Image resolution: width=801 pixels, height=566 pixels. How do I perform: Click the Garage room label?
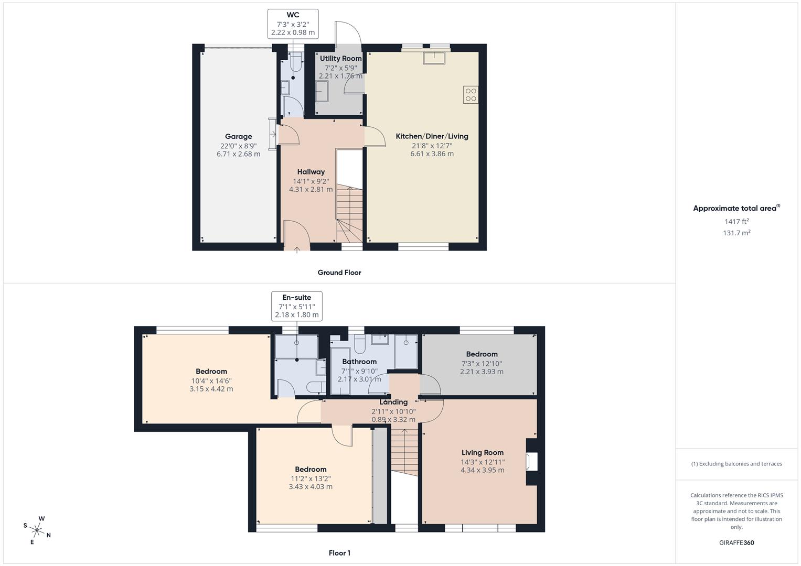pyautogui.click(x=238, y=136)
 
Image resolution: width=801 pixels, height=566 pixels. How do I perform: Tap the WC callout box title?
pyautogui.click(x=293, y=15)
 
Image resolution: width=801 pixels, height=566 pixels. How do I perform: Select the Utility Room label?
pyautogui.click(x=340, y=59)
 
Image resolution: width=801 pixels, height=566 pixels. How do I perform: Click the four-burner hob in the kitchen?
pyautogui.click(x=471, y=95)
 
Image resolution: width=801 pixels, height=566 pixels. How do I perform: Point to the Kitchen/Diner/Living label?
pyautogui.click(x=432, y=136)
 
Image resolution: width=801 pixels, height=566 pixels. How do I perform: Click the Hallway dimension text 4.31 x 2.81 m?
pyautogui.click(x=311, y=189)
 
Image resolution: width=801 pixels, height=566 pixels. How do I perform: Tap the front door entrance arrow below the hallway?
pyautogui.click(x=297, y=250)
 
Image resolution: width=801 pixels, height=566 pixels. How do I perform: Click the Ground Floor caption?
pyautogui.click(x=339, y=273)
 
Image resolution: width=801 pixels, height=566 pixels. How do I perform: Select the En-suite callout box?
pyautogui.click(x=297, y=306)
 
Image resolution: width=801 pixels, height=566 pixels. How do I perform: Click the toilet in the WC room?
pyautogui.click(x=296, y=64)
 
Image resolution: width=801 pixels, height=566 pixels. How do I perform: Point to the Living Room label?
pyautogui.click(x=482, y=453)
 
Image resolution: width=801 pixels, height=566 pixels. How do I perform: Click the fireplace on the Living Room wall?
pyautogui.click(x=532, y=462)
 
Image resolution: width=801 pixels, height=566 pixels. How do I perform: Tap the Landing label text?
pyautogui.click(x=393, y=402)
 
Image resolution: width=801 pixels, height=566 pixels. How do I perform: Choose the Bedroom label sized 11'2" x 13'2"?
pyautogui.click(x=311, y=470)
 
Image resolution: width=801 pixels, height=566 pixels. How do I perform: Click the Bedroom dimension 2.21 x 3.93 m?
pyautogui.click(x=482, y=372)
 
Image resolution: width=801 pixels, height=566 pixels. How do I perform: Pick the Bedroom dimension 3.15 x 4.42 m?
pyautogui.click(x=211, y=389)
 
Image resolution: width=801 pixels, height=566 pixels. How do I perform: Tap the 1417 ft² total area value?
pyautogui.click(x=736, y=221)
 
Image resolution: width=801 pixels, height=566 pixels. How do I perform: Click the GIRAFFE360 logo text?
pyautogui.click(x=736, y=542)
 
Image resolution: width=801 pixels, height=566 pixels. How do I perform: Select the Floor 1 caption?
pyautogui.click(x=339, y=553)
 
